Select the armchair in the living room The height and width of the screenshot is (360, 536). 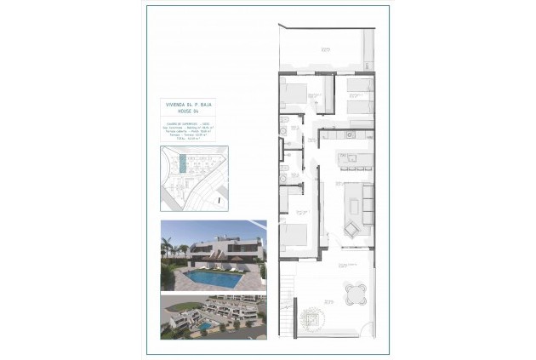click(x=351, y=229)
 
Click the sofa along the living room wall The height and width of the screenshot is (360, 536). click(x=368, y=203)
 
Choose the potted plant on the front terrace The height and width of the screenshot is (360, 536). click(x=327, y=300)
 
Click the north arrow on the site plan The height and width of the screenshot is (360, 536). click(x=219, y=200)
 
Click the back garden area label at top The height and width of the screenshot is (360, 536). click(x=326, y=50)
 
